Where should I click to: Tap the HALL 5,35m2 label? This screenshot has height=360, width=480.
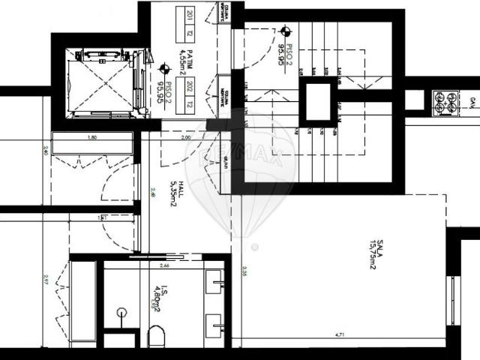(x=173, y=193)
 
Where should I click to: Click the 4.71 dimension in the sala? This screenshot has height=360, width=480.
(x=338, y=334)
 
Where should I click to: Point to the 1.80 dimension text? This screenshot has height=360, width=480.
(x=92, y=138)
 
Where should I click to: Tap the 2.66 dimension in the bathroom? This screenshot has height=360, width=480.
(x=163, y=265)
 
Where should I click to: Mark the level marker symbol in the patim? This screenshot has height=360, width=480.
(x=164, y=68)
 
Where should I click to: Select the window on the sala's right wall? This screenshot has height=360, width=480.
(x=452, y=300)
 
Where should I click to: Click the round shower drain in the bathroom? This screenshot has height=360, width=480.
(x=121, y=312)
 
